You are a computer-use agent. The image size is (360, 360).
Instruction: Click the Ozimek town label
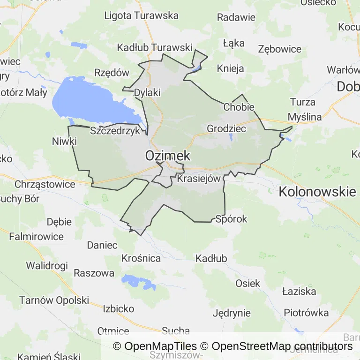(167, 155)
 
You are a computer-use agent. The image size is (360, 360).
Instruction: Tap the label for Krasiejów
(199, 179)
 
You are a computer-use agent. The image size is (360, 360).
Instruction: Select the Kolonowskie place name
(317, 191)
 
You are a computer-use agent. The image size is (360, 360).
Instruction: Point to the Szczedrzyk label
(115, 131)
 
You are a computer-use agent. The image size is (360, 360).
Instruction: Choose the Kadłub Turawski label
(155, 47)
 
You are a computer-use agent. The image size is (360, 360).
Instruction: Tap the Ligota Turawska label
(141, 15)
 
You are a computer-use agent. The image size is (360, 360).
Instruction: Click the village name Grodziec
(226, 128)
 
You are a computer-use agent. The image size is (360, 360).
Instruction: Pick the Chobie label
(239, 107)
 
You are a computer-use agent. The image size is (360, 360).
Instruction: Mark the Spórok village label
(231, 219)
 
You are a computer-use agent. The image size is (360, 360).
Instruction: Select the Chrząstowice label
(45, 184)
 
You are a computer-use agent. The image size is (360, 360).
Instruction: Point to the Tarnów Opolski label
(54, 300)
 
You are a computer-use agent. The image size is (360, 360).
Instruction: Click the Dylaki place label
(147, 92)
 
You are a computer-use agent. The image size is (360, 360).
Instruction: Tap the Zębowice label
(280, 49)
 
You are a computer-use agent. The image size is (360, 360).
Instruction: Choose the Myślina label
(305, 117)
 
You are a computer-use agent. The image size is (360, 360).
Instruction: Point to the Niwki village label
(64, 141)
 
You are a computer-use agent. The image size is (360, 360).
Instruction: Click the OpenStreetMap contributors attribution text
(282, 346)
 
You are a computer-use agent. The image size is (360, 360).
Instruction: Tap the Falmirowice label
(37, 237)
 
